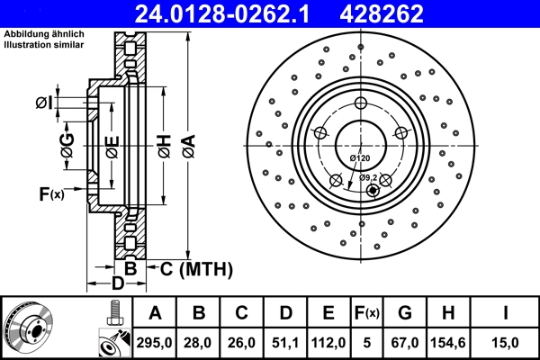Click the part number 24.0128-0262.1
[229, 13]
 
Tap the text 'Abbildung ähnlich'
[44, 35]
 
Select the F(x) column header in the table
[366, 313]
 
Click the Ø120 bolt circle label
[360, 158]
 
